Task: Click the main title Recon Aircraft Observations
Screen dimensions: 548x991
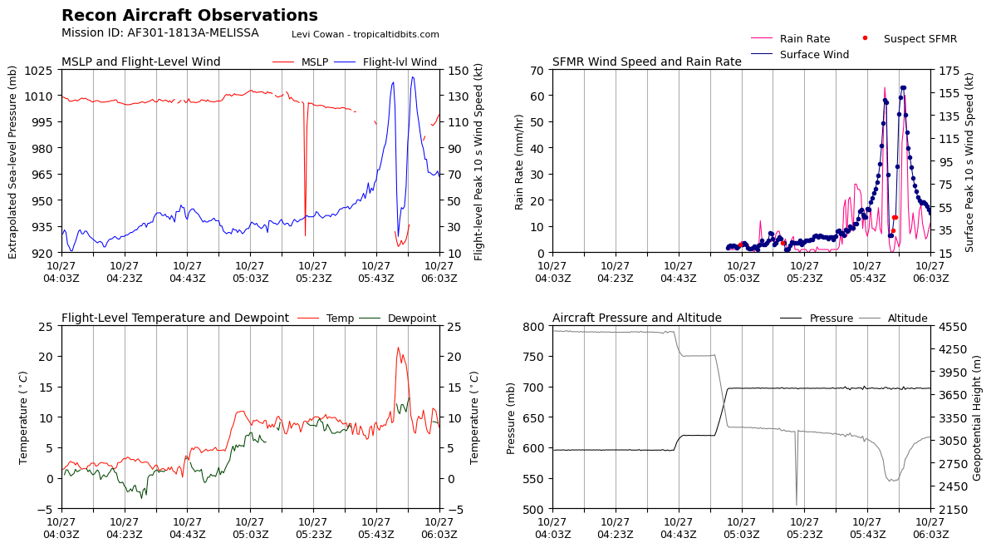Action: (x=189, y=16)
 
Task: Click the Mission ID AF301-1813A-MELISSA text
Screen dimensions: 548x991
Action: (x=160, y=33)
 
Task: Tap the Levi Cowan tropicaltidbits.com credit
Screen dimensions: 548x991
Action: (x=365, y=35)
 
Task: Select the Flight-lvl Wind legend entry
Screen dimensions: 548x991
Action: (x=400, y=62)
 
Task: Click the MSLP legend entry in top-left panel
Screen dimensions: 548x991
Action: (x=314, y=62)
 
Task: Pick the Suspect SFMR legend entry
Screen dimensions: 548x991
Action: (x=920, y=39)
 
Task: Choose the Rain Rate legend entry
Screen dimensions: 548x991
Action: (x=804, y=39)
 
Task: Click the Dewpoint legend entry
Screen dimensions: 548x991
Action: (x=411, y=318)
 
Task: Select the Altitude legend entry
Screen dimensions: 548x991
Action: (x=907, y=318)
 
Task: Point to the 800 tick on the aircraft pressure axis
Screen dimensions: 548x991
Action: (x=531, y=326)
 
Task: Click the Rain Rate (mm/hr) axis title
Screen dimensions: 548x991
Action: (x=520, y=161)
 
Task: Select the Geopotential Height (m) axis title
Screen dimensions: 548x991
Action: (x=977, y=417)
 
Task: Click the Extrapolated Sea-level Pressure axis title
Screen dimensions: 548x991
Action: (x=13, y=161)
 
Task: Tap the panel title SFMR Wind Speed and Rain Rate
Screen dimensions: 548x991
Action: (x=646, y=62)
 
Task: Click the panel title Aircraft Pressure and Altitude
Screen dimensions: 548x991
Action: (x=636, y=318)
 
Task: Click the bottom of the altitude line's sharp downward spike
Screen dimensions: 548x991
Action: (x=797, y=504)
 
